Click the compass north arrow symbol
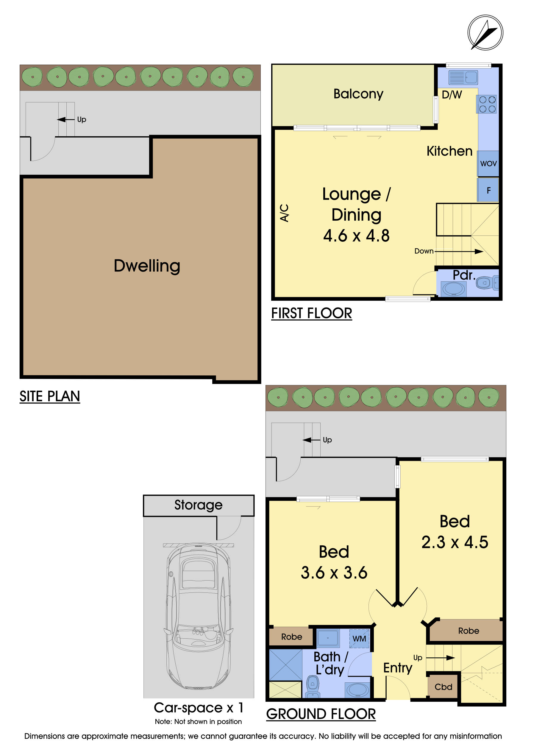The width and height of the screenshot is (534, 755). [x=485, y=32]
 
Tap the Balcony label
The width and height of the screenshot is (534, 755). [x=358, y=94]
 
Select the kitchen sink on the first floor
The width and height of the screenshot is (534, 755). [x=463, y=78]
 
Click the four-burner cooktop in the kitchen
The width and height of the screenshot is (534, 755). [x=487, y=104]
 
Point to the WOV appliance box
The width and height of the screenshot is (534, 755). [x=488, y=163]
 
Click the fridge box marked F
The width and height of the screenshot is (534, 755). [x=488, y=190]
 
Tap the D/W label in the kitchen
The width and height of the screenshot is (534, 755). [x=452, y=95]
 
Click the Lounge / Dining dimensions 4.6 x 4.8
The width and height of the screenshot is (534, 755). [x=356, y=236]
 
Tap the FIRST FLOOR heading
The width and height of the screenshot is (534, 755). [x=311, y=313]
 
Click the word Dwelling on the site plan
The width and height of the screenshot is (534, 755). [x=147, y=266]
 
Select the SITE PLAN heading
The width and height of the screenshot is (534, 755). [x=50, y=396]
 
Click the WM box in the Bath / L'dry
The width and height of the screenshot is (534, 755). [x=359, y=639]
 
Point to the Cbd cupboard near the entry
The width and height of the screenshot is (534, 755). [x=443, y=687]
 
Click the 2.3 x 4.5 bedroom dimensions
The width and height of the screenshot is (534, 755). [x=455, y=542]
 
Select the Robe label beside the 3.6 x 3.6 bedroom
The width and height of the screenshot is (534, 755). [x=291, y=637]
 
